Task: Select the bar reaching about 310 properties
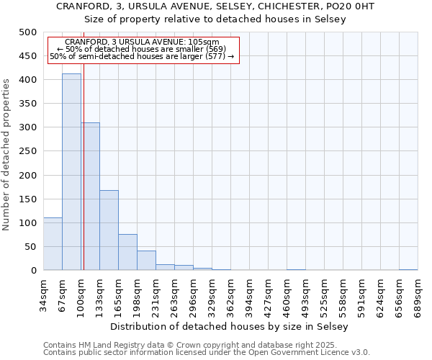[x=90, y=198]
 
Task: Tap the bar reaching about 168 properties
[x=109, y=230]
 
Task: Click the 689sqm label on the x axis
[x=418, y=294]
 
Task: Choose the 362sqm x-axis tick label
[x=230, y=294]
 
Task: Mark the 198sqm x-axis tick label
[x=137, y=294]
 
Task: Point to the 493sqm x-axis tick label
[x=305, y=294]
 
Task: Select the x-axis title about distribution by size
[x=230, y=326]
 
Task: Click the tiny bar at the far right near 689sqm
[x=408, y=269]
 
